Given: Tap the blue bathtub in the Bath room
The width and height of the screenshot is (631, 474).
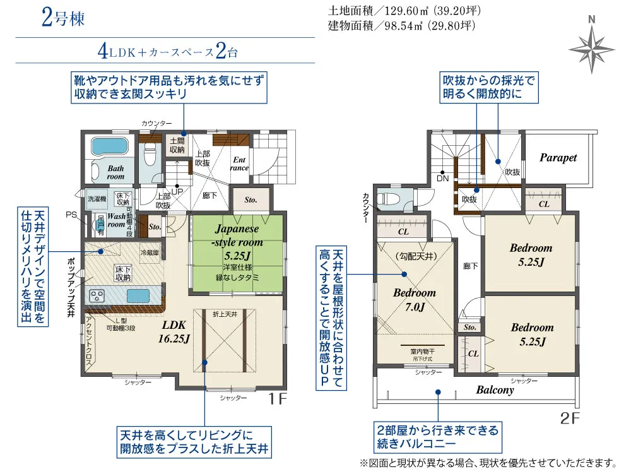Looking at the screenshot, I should tap(111, 147).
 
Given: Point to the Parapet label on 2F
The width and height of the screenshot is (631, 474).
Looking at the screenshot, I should tap(558, 158).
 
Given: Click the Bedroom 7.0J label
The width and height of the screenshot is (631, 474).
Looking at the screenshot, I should tap(415, 300).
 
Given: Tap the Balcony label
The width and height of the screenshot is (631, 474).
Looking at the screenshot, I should tap(495, 389).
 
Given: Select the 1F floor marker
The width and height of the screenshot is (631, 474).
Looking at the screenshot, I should tap(278, 398).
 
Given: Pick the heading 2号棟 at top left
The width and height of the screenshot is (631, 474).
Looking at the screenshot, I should tap(62, 18).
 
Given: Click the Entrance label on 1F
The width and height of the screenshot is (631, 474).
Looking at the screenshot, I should tap(240, 164).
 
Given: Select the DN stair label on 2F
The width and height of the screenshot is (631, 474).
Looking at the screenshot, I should tap(443, 178).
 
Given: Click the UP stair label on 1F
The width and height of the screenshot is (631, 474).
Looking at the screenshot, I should tap(177, 190).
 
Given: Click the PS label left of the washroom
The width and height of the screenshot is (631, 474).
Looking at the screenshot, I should tap(71, 215).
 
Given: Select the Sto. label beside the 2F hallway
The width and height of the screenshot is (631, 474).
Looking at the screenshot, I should tap(470, 328).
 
